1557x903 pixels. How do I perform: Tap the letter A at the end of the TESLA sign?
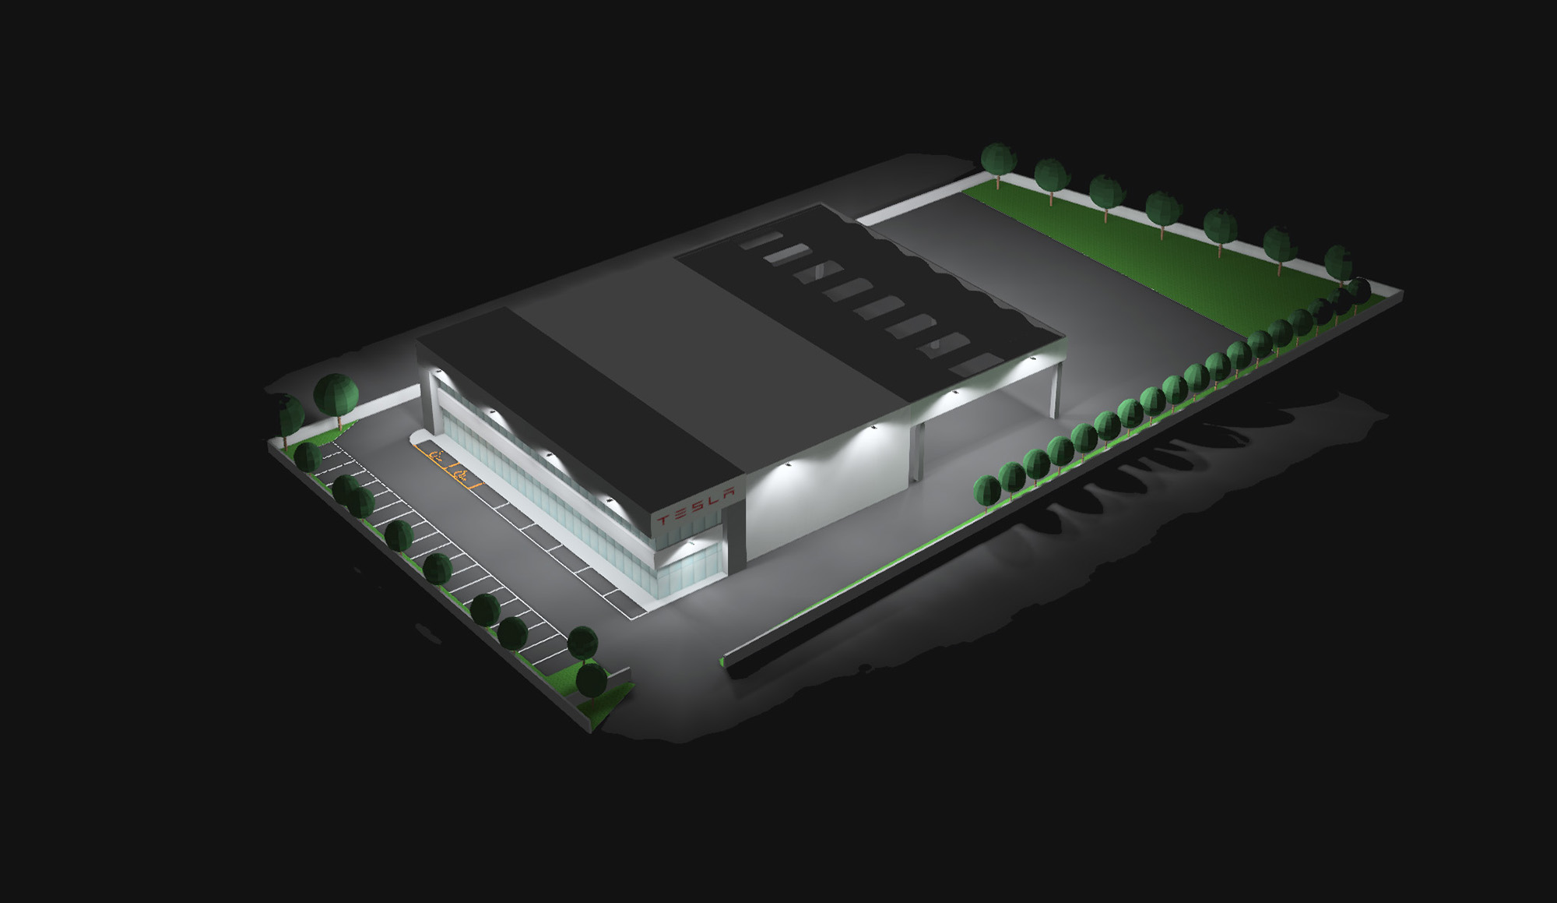pos(726,493)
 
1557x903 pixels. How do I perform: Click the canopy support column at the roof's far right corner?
pos(1056,390)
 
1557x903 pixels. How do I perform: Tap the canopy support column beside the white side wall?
pos(916,450)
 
